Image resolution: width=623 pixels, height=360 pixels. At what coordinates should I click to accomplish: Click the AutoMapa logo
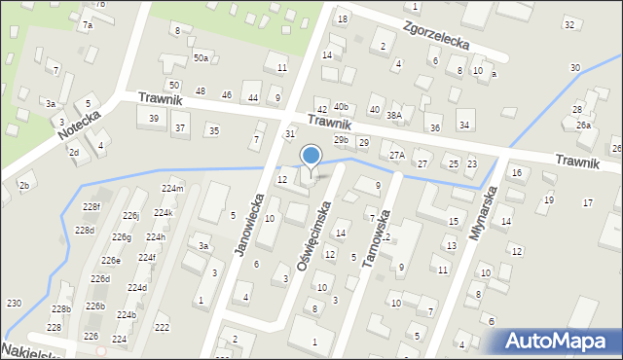click(x=558, y=342)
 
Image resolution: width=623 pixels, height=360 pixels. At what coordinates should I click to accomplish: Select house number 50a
click(x=201, y=58)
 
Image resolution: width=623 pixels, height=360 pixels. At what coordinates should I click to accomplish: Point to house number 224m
click(x=172, y=188)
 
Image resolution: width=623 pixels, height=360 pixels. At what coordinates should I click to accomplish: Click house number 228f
click(x=92, y=207)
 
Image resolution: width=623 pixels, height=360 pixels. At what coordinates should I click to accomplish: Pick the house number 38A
click(x=394, y=115)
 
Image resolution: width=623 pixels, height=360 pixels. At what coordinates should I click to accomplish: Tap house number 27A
click(x=396, y=155)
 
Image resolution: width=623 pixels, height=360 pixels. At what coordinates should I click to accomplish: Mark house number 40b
click(x=341, y=106)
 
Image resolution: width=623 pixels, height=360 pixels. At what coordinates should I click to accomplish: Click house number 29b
click(x=341, y=140)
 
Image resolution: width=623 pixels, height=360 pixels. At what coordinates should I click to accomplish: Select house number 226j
click(x=130, y=215)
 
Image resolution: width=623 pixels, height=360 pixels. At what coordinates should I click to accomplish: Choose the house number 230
click(x=14, y=304)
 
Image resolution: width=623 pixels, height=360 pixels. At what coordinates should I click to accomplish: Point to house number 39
click(x=154, y=118)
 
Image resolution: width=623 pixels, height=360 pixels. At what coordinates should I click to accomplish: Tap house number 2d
click(x=73, y=152)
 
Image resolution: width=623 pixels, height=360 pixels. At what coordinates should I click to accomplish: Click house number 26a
click(x=583, y=126)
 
